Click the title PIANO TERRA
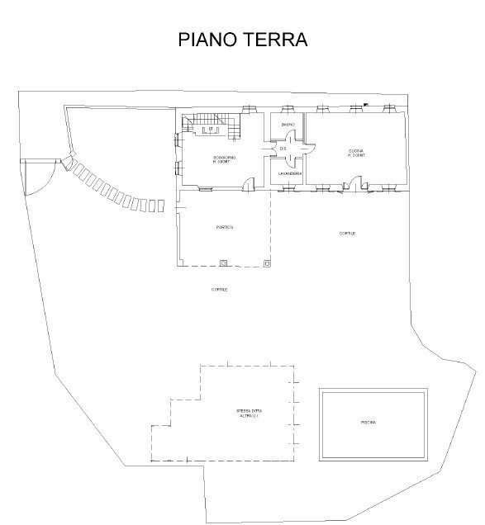coord(242,40)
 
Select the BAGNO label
coord(287,125)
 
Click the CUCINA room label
coord(356,153)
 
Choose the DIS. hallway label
coord(282,149)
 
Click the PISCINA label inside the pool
coord(369,423)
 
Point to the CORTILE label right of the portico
coord(347,234)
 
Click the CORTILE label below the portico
coord(219,290)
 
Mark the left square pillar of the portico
coord(224,263)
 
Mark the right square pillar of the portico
coord(266,263)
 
